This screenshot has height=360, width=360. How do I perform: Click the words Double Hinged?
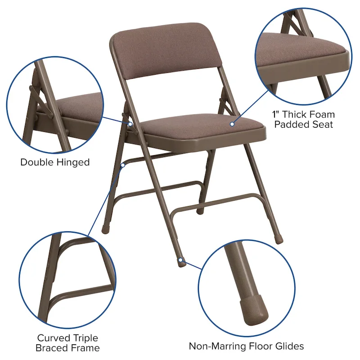tap(55, 162)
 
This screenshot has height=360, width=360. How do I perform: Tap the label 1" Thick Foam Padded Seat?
tap(304, 120)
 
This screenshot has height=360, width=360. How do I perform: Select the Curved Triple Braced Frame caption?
tap(68, 342)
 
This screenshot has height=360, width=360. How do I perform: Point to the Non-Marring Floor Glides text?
tap(246, 346)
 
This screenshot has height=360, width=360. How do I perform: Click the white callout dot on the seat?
tap(233, 124)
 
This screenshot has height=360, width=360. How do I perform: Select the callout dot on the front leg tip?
tap(180, 260)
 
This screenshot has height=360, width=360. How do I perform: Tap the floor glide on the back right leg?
tap(279, 239)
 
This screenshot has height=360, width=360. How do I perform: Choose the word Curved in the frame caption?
tap(54, 337)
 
